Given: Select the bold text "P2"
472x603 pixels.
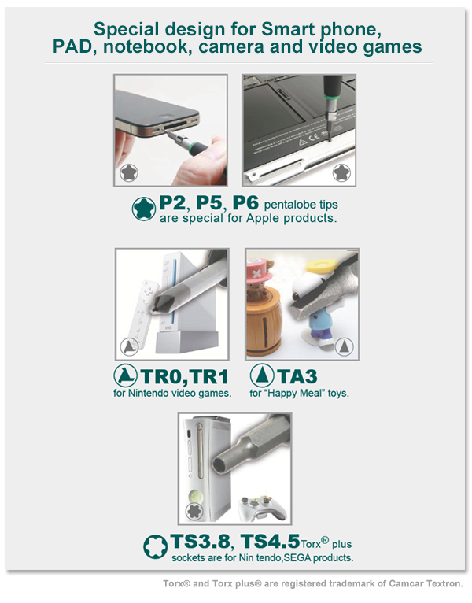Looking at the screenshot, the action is click(x=172, y=202).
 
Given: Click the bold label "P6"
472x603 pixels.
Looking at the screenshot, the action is click(x=246, y=202).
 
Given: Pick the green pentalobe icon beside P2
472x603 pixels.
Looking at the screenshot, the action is click(x=144, y=209).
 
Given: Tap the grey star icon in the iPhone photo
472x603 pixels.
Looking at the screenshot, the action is click(x=129, y=172).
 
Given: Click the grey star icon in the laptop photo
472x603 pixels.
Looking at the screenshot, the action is click(x=341, y=172).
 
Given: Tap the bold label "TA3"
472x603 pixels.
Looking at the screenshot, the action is click(x=297, y=376).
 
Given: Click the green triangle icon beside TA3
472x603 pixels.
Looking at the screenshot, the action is click(x=262, y=375).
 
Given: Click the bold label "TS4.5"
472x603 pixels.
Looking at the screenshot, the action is click(x=270, y=542).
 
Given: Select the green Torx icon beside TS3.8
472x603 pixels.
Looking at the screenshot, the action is click(x=155, y=547).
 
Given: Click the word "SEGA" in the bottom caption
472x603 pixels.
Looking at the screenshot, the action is click(x=297, y=557).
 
